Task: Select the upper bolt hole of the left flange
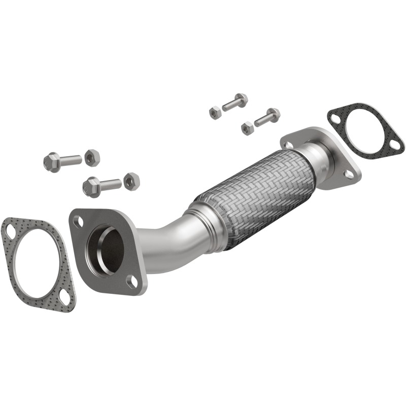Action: click(78, 221)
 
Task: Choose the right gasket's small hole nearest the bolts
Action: click(334, 118)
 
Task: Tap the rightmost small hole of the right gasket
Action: click(394, 146)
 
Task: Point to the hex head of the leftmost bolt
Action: click(51, 162)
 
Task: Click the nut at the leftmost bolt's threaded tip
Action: click(92, 158)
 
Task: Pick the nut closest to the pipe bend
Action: click(131, 181)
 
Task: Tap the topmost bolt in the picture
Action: click(235, 102)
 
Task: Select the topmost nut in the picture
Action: click(215, 112)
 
